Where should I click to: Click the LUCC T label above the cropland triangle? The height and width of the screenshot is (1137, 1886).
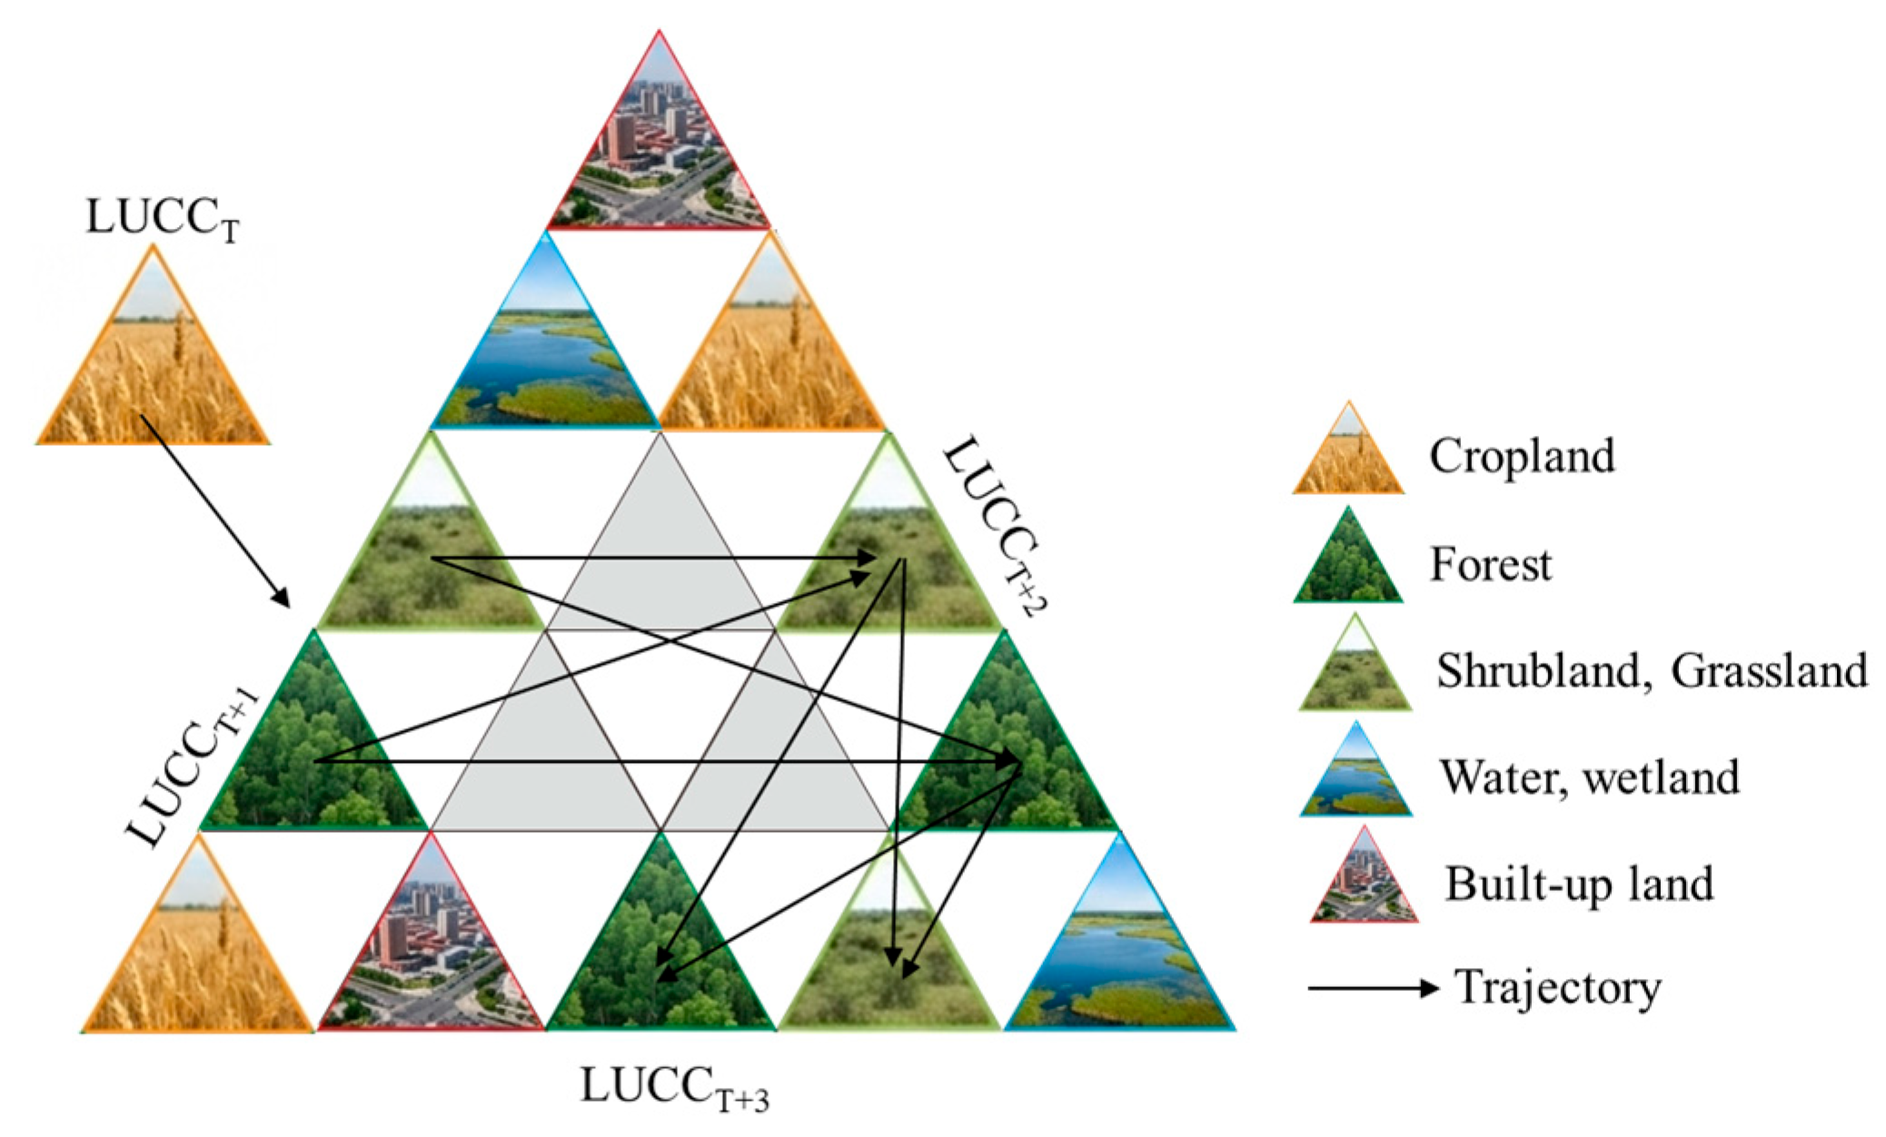point(162,220)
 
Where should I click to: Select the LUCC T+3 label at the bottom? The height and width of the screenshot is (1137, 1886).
point(674,1087)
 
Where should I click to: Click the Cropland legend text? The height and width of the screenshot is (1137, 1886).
point(1522,456)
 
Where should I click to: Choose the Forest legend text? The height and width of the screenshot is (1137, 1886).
point(1491,564)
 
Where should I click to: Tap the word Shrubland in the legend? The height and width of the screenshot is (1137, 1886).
point(1538,671)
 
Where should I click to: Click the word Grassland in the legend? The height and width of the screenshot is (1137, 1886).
point(1768,671)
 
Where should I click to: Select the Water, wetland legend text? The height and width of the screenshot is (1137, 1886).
point(1589,777)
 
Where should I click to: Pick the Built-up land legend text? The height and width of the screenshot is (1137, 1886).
point(1579,884)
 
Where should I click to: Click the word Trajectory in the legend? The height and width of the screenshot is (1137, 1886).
point(1557,987)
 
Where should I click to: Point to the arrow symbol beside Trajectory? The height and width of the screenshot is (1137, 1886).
point(1373,987)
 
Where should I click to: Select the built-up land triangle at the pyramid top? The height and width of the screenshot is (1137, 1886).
point(660,154)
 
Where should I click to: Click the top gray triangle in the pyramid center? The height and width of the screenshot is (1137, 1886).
point(660,554)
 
